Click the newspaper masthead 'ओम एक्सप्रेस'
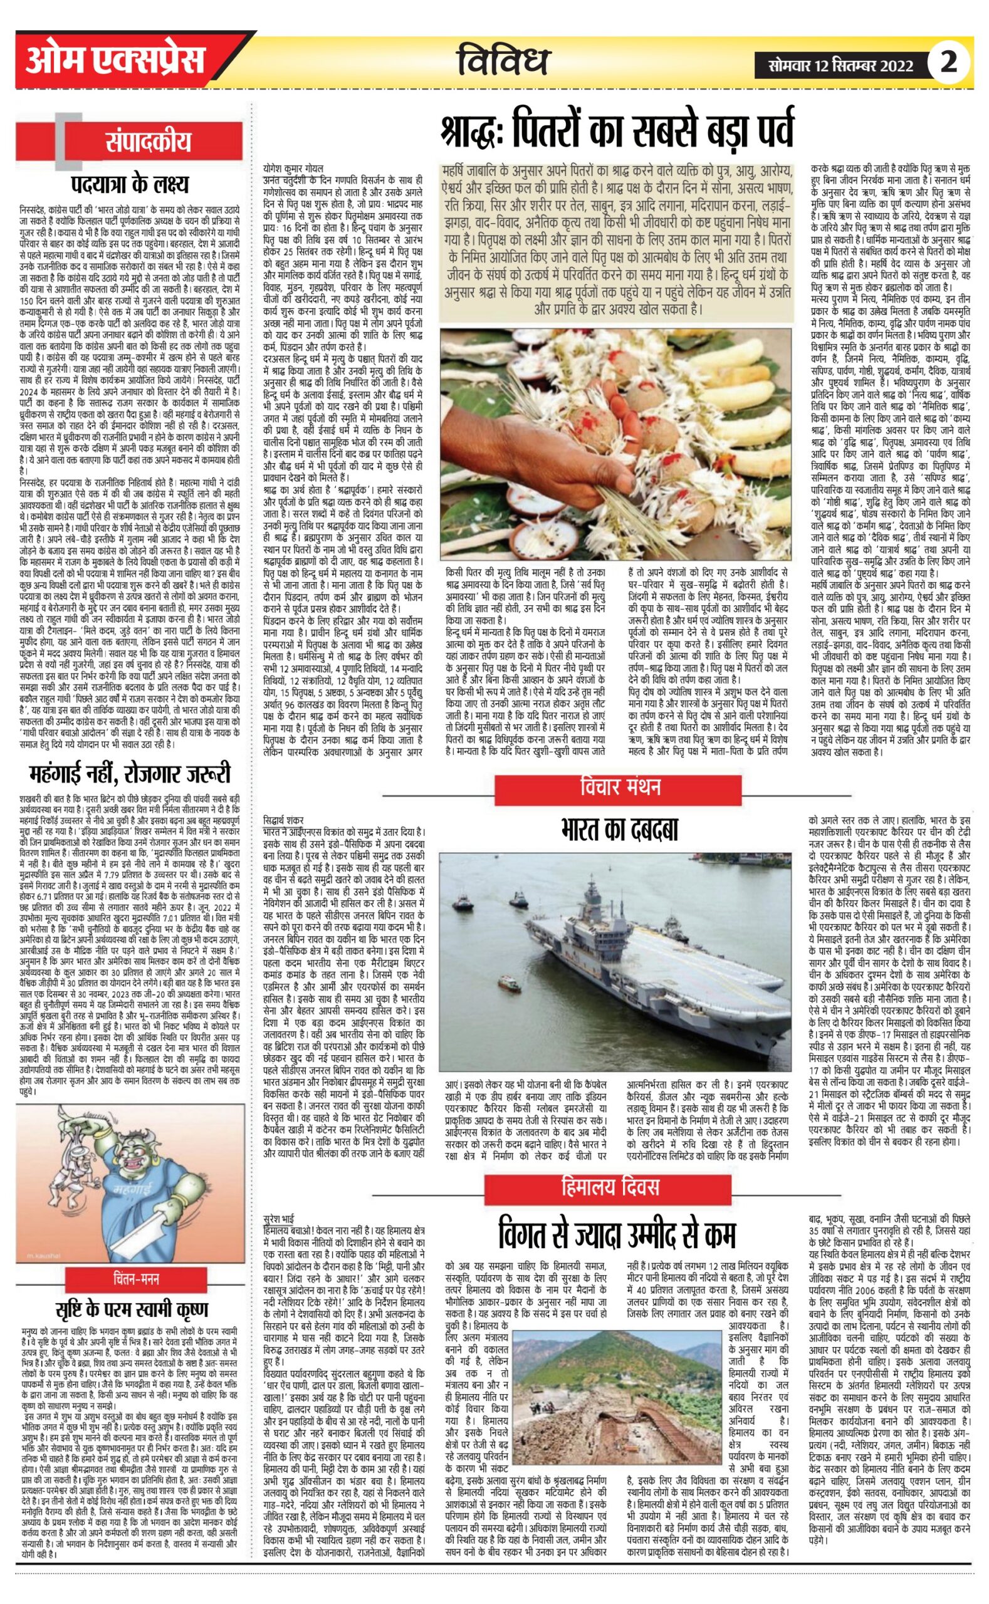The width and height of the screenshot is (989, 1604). pyautogui.click(x=115, y=61)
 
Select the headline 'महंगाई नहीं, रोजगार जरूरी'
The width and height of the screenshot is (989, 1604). pyautogui.click(x=130, y=774)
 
